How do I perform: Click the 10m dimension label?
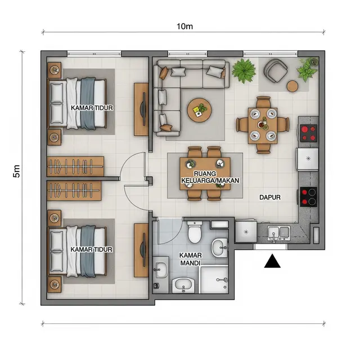coord(184,26)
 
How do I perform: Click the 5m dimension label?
coord(16,171)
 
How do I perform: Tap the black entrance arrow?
coord(272,261)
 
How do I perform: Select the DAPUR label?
coord(270,197)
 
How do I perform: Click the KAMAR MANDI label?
coord(190,259)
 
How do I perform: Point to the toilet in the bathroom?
coord(195,232)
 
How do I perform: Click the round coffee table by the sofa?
coord(199,110)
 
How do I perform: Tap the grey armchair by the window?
coord(275,70)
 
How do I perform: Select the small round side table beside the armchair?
coord(292,87)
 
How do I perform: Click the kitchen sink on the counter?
coord(279,233)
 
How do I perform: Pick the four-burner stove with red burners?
coord(308,133)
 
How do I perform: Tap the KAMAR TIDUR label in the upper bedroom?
coord(92,108)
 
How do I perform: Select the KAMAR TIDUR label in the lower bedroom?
coord(91,249)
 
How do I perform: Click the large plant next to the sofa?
coord(244,71)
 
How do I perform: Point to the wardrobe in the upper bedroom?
coord(75,166)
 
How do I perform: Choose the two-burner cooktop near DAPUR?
coord(308,197)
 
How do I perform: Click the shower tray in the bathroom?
coord(215,280)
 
